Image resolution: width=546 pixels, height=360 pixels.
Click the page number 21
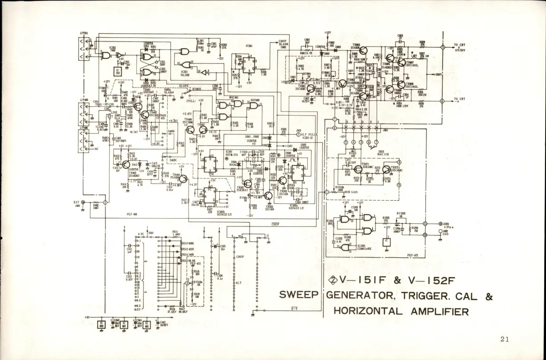pyautogui.click(x=505, y=339)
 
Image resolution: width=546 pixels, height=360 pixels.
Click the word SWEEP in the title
pyautogui.click(x=298, y=295)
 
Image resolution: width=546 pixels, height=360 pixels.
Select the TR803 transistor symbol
pyautogui.click(x=364, y=50)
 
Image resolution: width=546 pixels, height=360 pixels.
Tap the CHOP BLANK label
pyautogui.click(x=283, y=43)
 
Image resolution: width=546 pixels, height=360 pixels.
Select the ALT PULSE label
pyautogui.click(x=311, y=134)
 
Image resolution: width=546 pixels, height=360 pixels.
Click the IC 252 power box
pyautogui.click(x=117, y=71)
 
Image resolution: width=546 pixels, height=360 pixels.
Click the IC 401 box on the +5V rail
pyautogui.click(x=147, y=324)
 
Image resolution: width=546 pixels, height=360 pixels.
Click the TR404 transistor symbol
pyautogui.click(x=182, y=178)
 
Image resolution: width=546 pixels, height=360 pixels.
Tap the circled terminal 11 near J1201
pyautogui.click(x=425, y=224)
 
